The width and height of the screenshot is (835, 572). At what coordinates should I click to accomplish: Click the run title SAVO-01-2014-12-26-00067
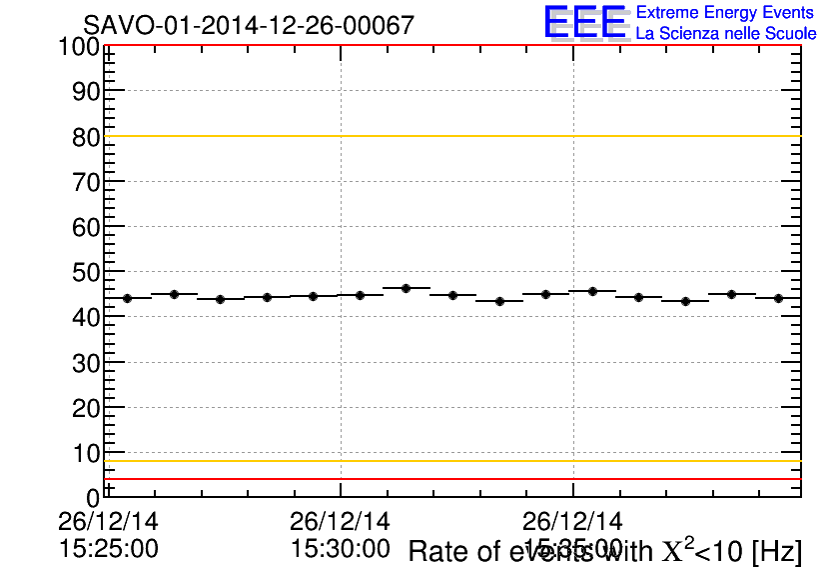tap(248, 25)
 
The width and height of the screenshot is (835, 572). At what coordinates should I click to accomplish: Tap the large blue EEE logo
tap(585, 22)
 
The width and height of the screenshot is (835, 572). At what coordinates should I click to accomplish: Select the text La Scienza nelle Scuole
tap(726, 33)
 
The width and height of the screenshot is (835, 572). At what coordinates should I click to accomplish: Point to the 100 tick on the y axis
tap(78, 47)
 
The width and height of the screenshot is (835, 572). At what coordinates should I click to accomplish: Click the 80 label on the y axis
tap(86, 137)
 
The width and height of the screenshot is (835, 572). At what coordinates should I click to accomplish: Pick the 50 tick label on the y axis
tap(86, 273)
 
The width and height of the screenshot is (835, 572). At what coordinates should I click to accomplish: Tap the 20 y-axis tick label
tap(86, 408)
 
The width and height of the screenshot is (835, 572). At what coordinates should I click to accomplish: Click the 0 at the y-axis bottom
tap(93, 497)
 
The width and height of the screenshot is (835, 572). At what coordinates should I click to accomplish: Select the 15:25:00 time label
tap(108, 548)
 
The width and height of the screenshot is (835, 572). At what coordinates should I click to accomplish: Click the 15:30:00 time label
tap(340, 548)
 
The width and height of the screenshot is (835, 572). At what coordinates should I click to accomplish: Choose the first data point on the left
tap(127, 298)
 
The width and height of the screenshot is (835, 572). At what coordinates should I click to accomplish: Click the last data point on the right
tap(777, 298)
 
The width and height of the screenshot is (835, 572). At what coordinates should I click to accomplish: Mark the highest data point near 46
tap(406, 288)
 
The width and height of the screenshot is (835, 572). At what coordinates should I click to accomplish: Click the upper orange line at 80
tap(449, 136)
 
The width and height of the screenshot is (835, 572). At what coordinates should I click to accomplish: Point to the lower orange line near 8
tap(449, 461)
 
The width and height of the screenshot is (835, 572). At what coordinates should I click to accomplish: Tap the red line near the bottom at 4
tap(449, 479)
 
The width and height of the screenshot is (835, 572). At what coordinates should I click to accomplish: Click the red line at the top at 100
tap(449, 46)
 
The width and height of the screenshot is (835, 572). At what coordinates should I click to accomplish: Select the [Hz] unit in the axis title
tap(776, 551)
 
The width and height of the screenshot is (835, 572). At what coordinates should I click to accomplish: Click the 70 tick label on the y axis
tap(86, 182)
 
